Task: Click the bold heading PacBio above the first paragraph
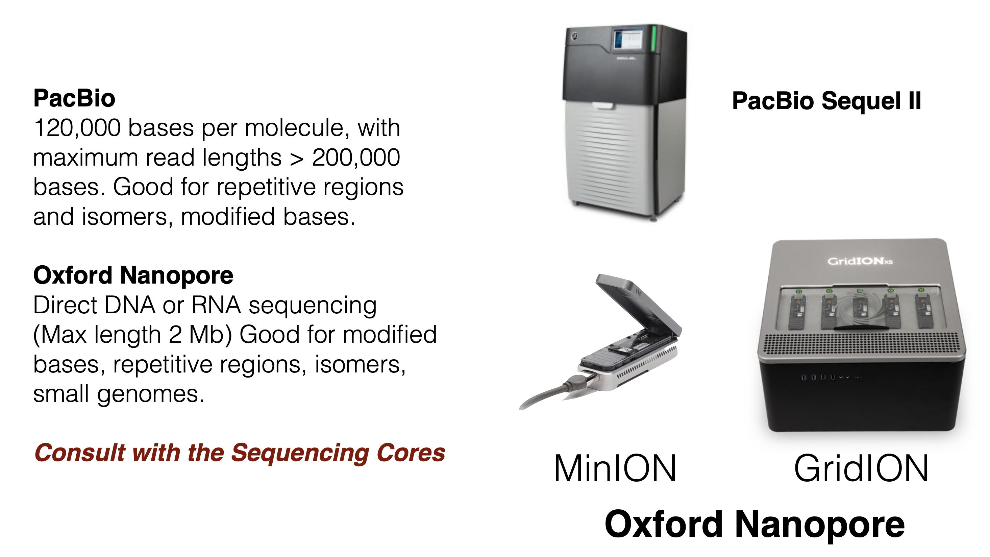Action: coord(74,98)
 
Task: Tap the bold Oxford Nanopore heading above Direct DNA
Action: coord(133,275)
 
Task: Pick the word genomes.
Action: coord(151,395)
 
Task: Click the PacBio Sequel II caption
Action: coord(826,101)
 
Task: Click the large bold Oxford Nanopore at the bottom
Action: coord(754,524)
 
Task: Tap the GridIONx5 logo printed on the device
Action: coord(860,261)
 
